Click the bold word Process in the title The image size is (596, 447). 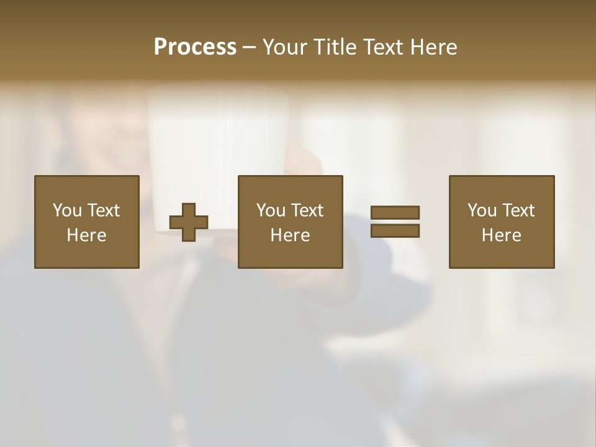[195, 47]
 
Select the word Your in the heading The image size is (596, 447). [283, 47]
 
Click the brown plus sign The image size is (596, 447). [189, 222]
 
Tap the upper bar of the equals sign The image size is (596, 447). [395, 212]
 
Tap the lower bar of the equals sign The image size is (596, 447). [395, 230]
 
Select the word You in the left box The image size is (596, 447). [67, 210]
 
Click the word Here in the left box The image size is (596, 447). [86, 235]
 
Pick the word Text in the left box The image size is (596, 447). [103, 210]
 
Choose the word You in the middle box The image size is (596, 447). [271, 210]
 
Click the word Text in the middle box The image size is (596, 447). [307, 210]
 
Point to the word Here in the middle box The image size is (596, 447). [290, 235]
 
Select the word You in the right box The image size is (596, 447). [482, 210]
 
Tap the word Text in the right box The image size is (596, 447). [518, 210]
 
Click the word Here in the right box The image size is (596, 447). [501, 235]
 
